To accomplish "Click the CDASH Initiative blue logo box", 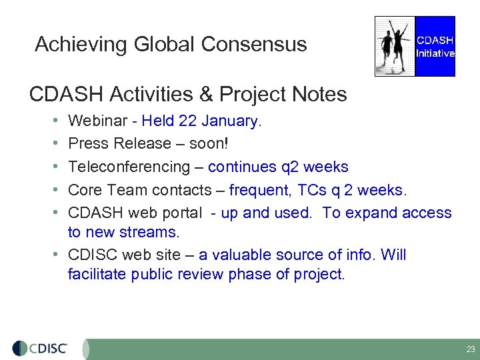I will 435,47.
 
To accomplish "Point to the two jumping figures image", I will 395,46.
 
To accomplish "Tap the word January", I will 229,121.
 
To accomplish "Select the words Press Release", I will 120,144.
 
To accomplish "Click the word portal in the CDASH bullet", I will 181,213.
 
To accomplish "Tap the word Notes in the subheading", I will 320,95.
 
